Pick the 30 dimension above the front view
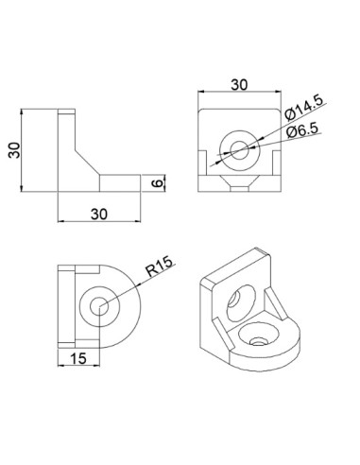(x=239, y=84)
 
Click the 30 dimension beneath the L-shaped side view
(x=100, y=215)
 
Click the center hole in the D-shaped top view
(x=100, y=304)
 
